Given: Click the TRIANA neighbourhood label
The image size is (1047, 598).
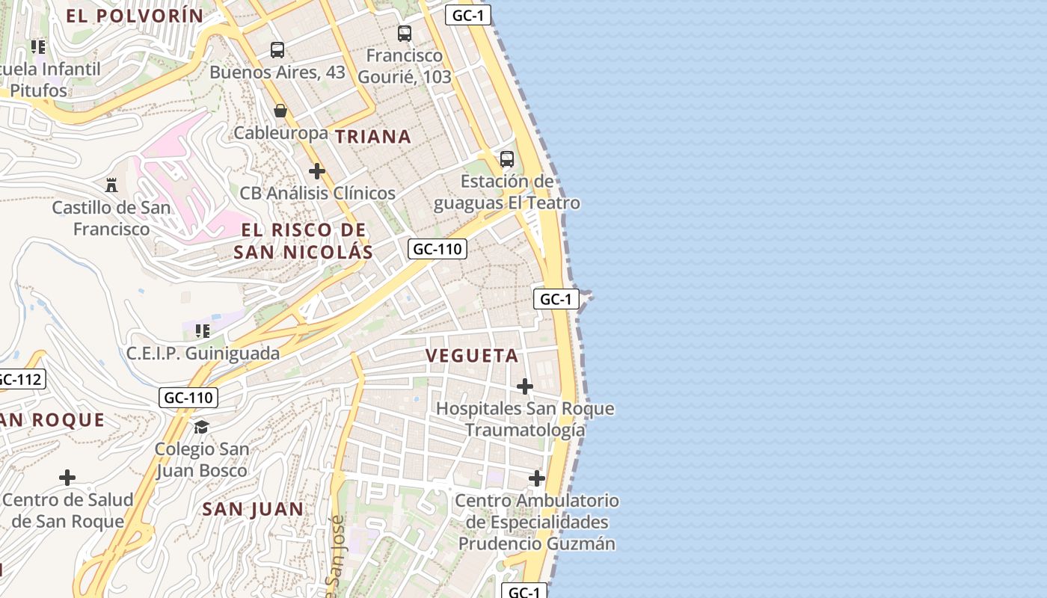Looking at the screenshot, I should pyautogui.click(x=372, y=137).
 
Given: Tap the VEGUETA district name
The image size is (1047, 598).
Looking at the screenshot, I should pyautogui.click(x=473, y=356).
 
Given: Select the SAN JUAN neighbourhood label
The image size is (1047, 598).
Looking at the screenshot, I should pyautogui.click(x=254, y=509).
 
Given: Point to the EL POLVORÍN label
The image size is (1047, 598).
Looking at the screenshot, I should pyautogui.click(x=135, y=16).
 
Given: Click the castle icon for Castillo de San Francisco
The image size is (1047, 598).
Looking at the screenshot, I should pyautogui.click(x=111, y=184).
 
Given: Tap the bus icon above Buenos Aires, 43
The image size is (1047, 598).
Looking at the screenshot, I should pyautogui.click(x=277, y=50).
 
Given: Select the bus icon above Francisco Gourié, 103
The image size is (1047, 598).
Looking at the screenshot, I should pyautogui.click(x=405, y=33).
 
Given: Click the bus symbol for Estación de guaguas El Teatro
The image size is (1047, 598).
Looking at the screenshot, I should pyautogui.click(x=507, y=158).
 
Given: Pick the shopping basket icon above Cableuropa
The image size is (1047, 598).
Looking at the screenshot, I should pyautogui.click(x=280, y=111).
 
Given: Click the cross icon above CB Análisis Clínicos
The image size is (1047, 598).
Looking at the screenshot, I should pyautogui.click(x=317, y=171).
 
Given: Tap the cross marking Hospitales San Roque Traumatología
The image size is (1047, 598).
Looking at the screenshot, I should pyautogui.click(x=525, y=386).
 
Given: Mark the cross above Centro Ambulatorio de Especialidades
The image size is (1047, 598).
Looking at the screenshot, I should pyautogui.click(x=537, y=478).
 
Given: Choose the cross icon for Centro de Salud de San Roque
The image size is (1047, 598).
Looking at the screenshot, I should pyautogui.click(x=67, y=478).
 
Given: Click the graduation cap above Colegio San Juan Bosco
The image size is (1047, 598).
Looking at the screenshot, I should pyautogui.click(x=201, y=427).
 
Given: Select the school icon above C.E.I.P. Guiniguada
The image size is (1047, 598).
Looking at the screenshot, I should pyautogui.click(x=202, y=330).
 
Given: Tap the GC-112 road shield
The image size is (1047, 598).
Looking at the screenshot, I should pyautogui.click(x=19, y=379).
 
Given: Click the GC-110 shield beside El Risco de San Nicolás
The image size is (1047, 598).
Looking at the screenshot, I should pyautogui.click(x=437, y=249).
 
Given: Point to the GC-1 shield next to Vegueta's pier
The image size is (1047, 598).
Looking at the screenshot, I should pyautogui.click(x=556, y=300).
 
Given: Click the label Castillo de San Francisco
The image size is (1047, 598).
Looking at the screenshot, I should pyautogui.click(x=111, y=218).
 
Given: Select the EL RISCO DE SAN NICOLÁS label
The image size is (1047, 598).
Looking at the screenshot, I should pyautogui.click(x=303, y=241).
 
